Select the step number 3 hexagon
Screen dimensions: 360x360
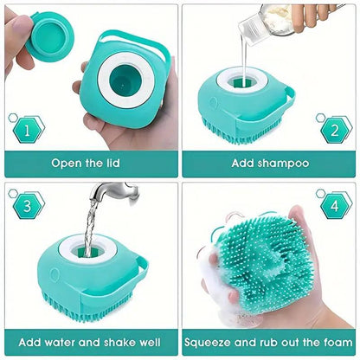click(x=29, y=206)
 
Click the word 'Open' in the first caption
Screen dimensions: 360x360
click(x=68, y=162)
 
